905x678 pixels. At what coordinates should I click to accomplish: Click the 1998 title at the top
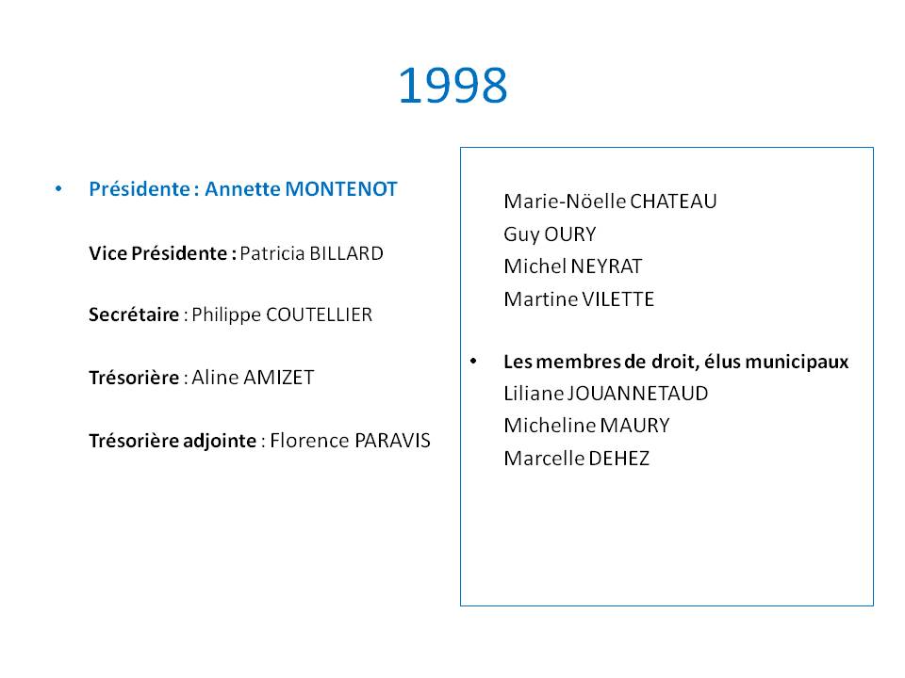coord(453,86)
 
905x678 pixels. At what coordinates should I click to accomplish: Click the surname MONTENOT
coord(341,189)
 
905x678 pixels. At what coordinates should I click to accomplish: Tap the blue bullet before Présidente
coord(58,188)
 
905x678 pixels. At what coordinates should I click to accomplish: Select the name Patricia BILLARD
coord(312,253)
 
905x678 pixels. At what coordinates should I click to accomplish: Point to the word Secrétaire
coord(134,315)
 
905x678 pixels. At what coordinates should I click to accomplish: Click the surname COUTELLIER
coord(320,315)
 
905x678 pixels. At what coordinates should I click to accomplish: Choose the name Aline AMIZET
coord(253,378)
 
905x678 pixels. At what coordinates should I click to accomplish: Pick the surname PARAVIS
coord(392,441)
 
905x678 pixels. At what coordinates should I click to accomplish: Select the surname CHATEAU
coord(673,202)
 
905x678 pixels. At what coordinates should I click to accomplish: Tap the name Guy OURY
coord(550,234)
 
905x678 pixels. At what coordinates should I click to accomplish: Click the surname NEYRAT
coord(606,266)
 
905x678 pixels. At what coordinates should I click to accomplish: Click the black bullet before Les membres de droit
coord(473,361)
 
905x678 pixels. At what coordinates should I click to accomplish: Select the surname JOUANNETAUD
coord(638,394)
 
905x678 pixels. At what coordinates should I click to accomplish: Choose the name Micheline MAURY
coord(587,426)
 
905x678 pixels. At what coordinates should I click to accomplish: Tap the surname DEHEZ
coord(618,459)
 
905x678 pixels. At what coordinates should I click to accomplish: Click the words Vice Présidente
coord(158,253)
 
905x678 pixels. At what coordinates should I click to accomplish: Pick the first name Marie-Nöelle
coord(565,202)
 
